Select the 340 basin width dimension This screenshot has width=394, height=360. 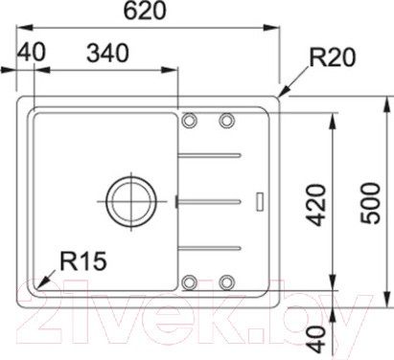point(108,54)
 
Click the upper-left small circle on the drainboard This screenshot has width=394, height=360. point(190,120)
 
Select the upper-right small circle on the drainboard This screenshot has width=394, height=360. point(227,120)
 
